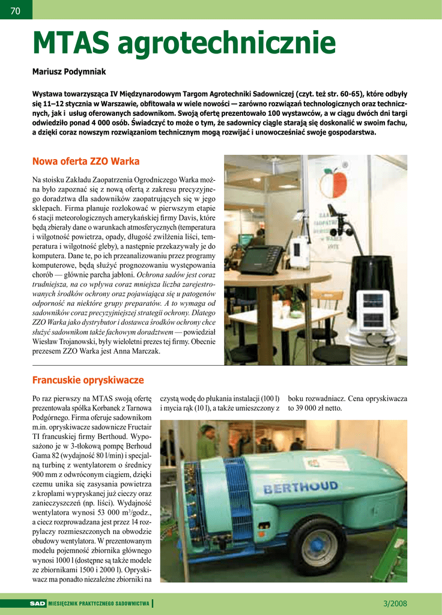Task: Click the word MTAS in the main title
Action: click(71, 42)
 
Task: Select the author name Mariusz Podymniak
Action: click(68, 71)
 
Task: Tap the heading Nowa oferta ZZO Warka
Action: click(85, 162)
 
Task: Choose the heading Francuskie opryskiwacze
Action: click(88, 381)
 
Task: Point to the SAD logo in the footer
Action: click(38, 604)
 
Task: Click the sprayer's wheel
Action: click(318, 545)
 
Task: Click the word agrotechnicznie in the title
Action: click(227, 42)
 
